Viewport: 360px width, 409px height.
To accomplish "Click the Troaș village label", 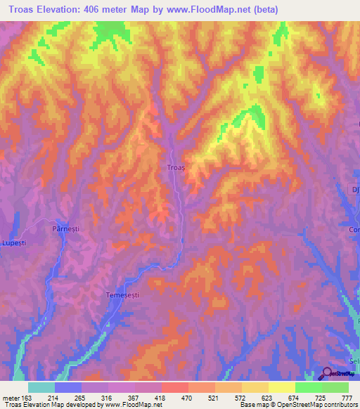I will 176,168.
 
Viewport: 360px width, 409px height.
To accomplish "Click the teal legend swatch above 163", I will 41,387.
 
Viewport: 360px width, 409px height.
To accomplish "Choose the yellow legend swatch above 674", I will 282,387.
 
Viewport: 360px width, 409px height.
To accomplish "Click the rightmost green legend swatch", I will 335,387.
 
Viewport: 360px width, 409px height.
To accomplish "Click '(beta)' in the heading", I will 264,10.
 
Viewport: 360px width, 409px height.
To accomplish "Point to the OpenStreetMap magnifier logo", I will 328,375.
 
